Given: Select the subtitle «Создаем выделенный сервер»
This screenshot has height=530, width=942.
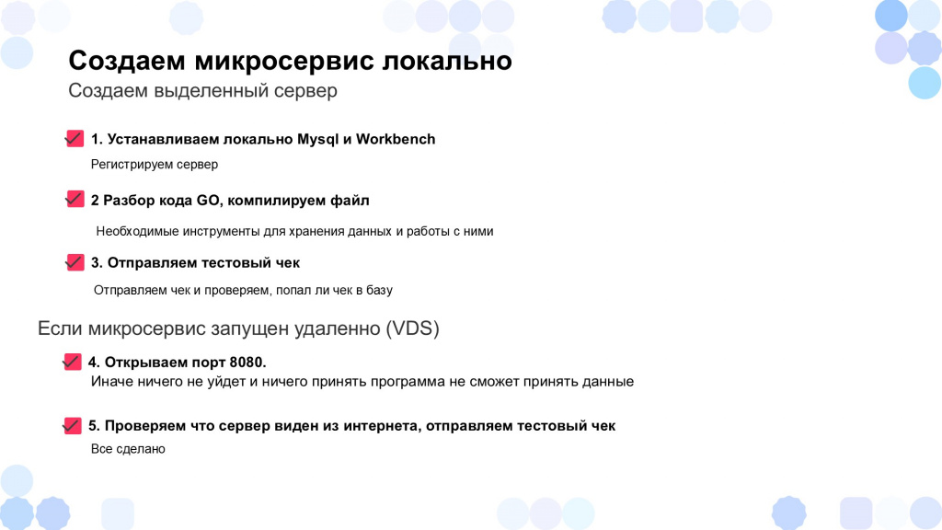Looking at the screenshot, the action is [x=202, y=91].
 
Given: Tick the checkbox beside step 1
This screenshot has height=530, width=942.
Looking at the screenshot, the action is [x=75, y=138].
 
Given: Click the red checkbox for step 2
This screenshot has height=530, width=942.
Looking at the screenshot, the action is [x=75, y=199].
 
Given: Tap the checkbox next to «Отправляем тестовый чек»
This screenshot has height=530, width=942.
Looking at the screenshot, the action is [x=75, y=262].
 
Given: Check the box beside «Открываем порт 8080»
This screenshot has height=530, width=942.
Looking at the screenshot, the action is [x=72, y=361].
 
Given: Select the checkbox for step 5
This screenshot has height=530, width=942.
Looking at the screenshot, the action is [x=72, y=425].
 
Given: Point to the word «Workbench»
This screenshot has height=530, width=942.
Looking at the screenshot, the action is [x=396, y=140].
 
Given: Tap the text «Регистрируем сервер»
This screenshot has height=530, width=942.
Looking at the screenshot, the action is [x=155, y=165].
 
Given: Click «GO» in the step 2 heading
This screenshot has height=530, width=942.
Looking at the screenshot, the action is [x=208, y=200].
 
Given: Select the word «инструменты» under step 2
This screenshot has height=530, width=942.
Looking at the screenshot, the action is [x=223, y=231].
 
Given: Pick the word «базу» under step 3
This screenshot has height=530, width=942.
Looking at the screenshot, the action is [x=379, y=290].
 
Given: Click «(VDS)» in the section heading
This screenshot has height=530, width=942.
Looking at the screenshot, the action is [x=412, y=328].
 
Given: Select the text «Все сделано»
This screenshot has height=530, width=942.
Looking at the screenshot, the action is [x=128, y=449].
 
